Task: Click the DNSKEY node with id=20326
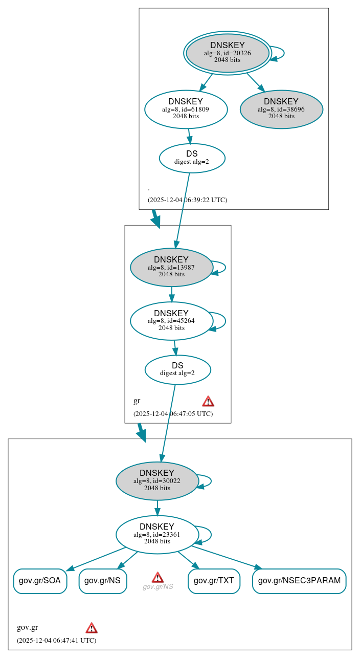click(228, 53)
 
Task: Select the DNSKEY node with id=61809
click(186, 109)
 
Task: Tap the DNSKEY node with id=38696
click(281, 109)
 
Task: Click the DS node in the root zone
click(192, 158)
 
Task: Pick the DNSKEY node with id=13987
click(171, 267)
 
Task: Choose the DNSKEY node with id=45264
click(171, 321)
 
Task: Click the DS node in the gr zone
click(177, 369)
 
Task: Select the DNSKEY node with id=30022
click(157, 480)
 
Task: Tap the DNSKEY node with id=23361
click(157, 534)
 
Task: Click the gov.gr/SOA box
click(40, 581)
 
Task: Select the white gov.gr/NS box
click(102, 581)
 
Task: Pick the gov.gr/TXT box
click(214, 581)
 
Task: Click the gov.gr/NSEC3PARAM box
click(299, 581)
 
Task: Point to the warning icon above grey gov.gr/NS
click(157, 577)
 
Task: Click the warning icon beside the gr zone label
click(208, 401)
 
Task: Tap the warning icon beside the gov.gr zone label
click(92, 628)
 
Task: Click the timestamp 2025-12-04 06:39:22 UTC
click(187, 200)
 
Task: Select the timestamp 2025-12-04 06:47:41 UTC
click(56, 641)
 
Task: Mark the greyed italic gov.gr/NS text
click(157, 587)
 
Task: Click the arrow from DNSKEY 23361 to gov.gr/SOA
click(96, 559)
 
